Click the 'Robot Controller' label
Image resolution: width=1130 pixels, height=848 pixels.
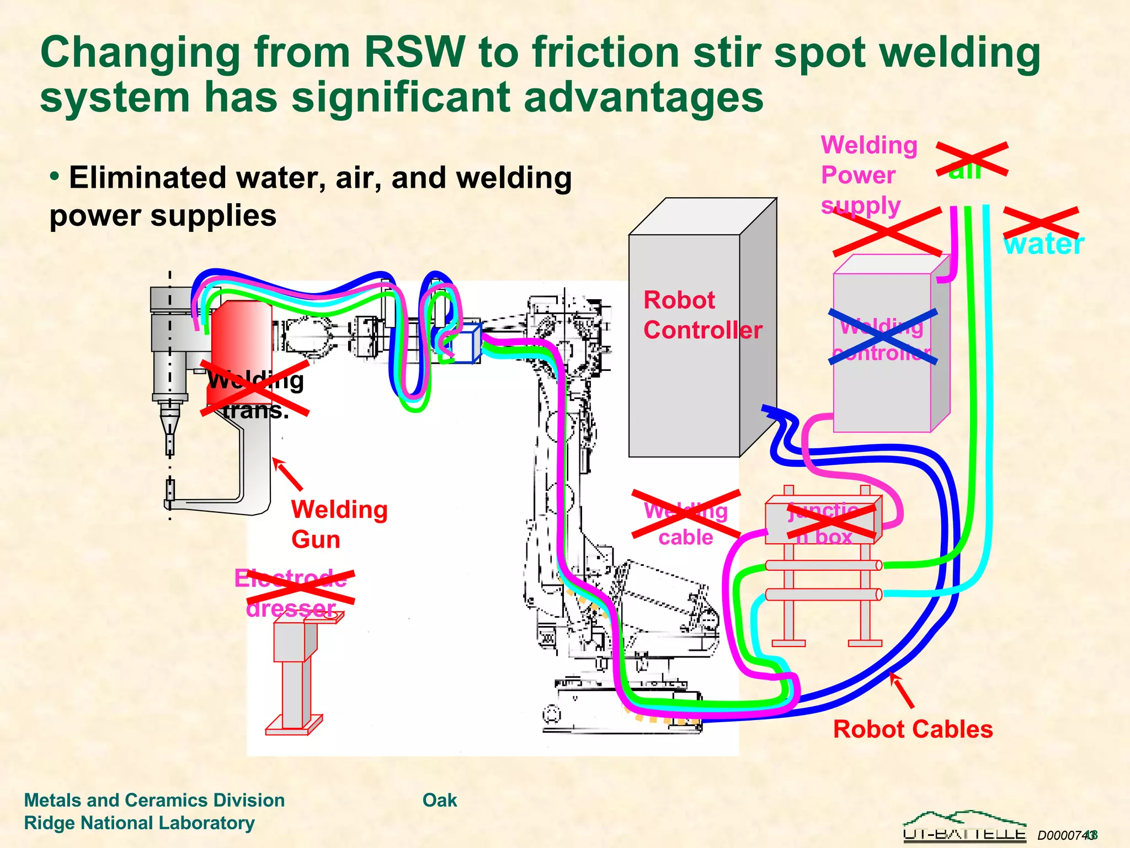[702, 316]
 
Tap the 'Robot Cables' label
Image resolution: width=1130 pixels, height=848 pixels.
[913, 729]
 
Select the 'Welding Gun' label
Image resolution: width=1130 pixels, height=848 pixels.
[339, 524]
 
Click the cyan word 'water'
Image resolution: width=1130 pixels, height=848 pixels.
[1043, 244]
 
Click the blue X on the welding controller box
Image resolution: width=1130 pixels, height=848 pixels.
[883, 337]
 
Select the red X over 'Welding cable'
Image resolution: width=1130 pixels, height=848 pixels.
[686, 513]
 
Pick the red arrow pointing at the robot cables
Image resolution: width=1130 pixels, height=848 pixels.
[902, 690]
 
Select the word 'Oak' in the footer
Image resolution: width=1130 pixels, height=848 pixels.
[439, 800]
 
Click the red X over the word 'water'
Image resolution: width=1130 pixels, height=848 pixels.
[1041, 222]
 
